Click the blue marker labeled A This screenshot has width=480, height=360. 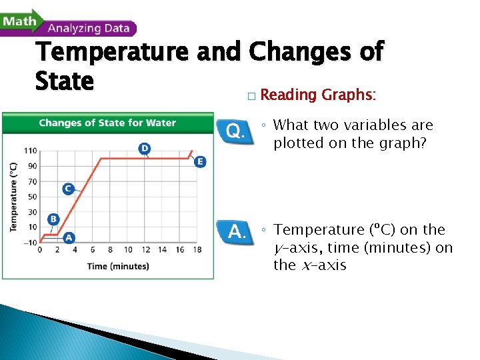point(68,237)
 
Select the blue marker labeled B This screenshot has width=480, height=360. point(53,219)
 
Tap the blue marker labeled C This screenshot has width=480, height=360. point(68,189)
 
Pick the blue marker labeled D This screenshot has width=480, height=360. point(144,147)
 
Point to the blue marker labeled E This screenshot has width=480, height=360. point(200,161)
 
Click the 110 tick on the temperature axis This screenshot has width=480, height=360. point(31,151)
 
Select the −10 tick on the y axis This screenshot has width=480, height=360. point(30,242)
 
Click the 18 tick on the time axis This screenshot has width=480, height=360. point(197,250)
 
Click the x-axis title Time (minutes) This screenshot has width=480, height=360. point(118,266)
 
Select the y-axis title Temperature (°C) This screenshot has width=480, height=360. point(13,197)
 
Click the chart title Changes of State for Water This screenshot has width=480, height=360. point(107,123)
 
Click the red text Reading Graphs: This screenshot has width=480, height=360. point(318,95)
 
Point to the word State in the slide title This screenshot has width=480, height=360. point(65,82)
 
